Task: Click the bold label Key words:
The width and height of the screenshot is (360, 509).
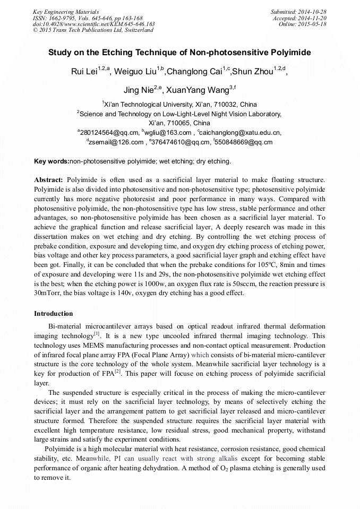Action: pyautogui.click(x=52, y=161)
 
